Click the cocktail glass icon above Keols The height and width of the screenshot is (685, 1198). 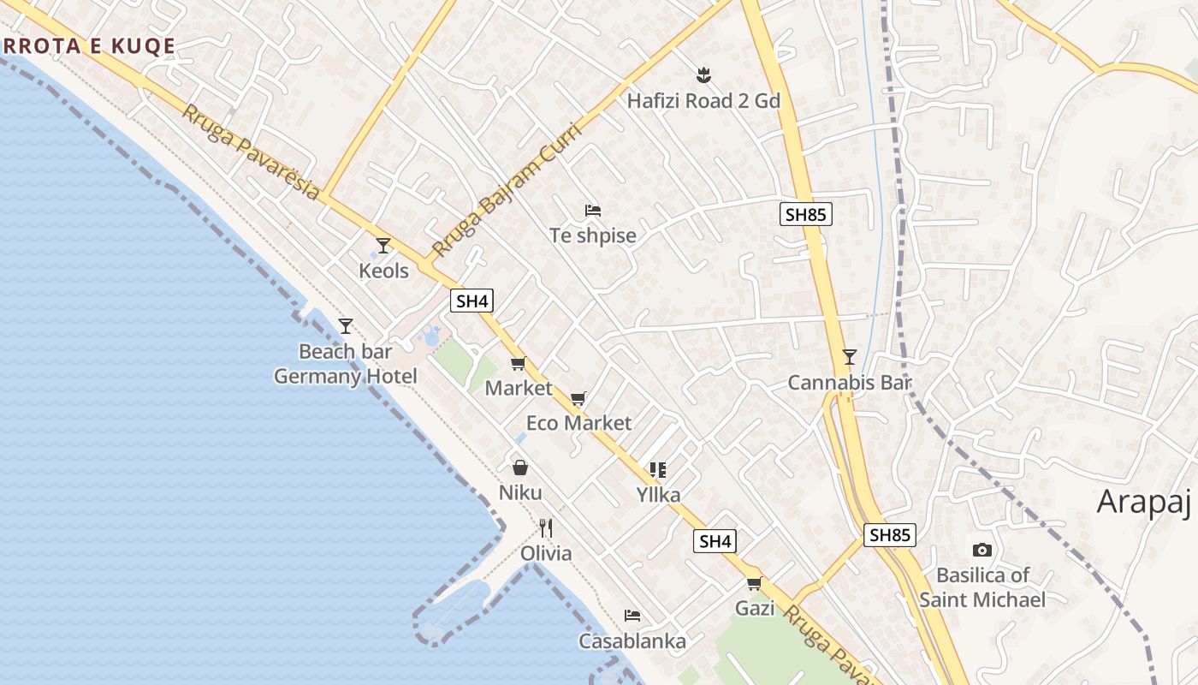tap(383, 246)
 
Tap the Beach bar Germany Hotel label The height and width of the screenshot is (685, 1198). tap(346, 364)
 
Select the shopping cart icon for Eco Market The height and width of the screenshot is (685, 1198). tap(578, 398)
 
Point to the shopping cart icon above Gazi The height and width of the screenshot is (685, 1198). tap(754, 584)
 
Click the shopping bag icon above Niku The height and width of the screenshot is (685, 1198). tap(519, 468)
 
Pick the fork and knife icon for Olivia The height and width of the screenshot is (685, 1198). tap(546, 528)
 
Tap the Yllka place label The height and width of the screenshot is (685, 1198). tap(658, 495)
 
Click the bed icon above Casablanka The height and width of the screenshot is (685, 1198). tap(632, 616)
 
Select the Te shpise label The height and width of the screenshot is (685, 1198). tap(593, 235)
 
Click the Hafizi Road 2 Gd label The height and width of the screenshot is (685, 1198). tap(703, 101)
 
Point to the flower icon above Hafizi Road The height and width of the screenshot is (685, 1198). tap(703, 75)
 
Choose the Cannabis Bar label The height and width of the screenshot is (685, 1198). tap(850, 383)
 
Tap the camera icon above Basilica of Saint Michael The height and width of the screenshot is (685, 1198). tap(982, 550)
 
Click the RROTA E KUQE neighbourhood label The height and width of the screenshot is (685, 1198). tap(89, 46)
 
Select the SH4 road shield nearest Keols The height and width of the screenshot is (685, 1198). tap(471, 301)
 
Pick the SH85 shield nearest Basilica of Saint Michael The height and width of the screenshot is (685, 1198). tap(890, 535)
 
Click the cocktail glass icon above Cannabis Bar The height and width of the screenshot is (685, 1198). tap(849, 356)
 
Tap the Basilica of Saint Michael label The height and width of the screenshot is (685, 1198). tap(982, 587)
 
